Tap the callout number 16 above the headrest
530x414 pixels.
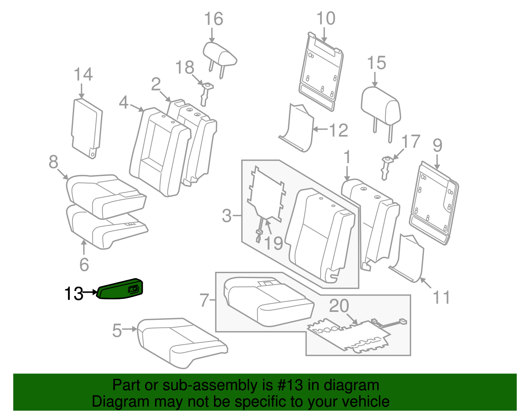[x=213, y=19]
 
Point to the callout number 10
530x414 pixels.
[x=326, y=18]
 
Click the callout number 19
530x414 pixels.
[x=274, y=243]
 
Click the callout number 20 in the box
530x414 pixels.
[x=339, y=306]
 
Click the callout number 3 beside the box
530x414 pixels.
[x=227, y=216]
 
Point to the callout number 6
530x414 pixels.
[x=84, y=264]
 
